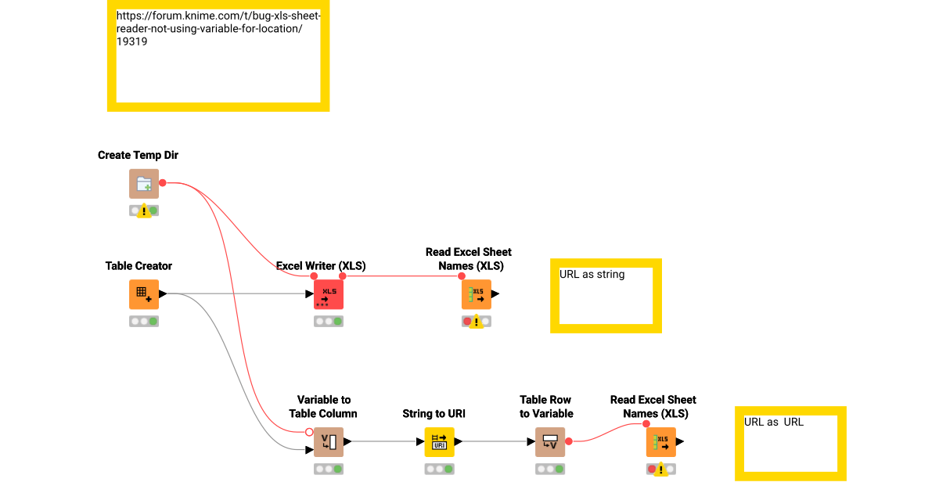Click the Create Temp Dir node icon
coord(144,184)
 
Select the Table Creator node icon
coord(144,294)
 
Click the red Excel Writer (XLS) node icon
coord(329,294)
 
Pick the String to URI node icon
coord(439,442)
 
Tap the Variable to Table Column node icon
coord(329,442)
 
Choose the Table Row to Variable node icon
coord(550,442)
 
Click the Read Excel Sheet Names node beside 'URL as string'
coord(477,294)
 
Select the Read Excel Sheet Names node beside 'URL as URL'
coord(661,442)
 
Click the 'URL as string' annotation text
coord(592,275)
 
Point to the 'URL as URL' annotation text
coord(773,422)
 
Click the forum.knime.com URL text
coord(218,29)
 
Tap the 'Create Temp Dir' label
coord(138,156)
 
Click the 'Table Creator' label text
coord(139,266)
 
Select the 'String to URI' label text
coord(434,414)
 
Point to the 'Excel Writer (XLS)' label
coord(321,266)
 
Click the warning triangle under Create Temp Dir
coord(144,211)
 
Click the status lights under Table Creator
coord(144,321)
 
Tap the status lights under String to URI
coord(439,469)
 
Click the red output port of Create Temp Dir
coord(163,183)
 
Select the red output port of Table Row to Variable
coord(569,442)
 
